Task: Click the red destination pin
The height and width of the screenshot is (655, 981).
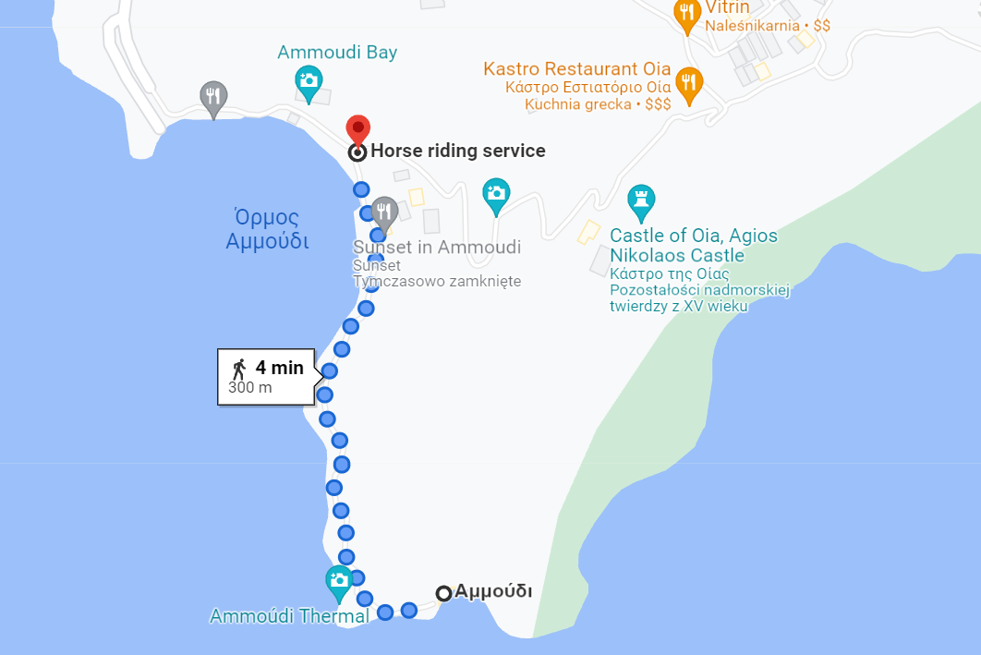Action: (x=357, y=129)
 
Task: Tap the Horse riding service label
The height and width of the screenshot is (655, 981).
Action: (x=457, y=151)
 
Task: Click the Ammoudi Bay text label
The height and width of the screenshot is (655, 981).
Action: (x=337, y=53)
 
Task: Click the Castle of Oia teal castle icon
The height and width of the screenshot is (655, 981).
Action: (x=640, y=199)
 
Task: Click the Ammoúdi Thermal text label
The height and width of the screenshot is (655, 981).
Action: (x=289, y=616)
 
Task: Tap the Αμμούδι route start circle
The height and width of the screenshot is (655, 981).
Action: (x=443, y=593)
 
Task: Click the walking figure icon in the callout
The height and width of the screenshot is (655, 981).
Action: (x=239, y=369)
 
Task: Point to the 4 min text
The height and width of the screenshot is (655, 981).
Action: (x=280, y=368)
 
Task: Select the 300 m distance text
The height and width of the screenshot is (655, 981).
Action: (x=250, y=388)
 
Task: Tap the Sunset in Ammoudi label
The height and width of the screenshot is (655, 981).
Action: (x=437, y=248)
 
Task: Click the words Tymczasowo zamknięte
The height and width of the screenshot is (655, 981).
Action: (x=437, y=281)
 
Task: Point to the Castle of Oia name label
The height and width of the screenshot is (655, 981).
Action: (x=694, y=246)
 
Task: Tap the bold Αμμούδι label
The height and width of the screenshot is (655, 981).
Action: (x=493, y=592)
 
